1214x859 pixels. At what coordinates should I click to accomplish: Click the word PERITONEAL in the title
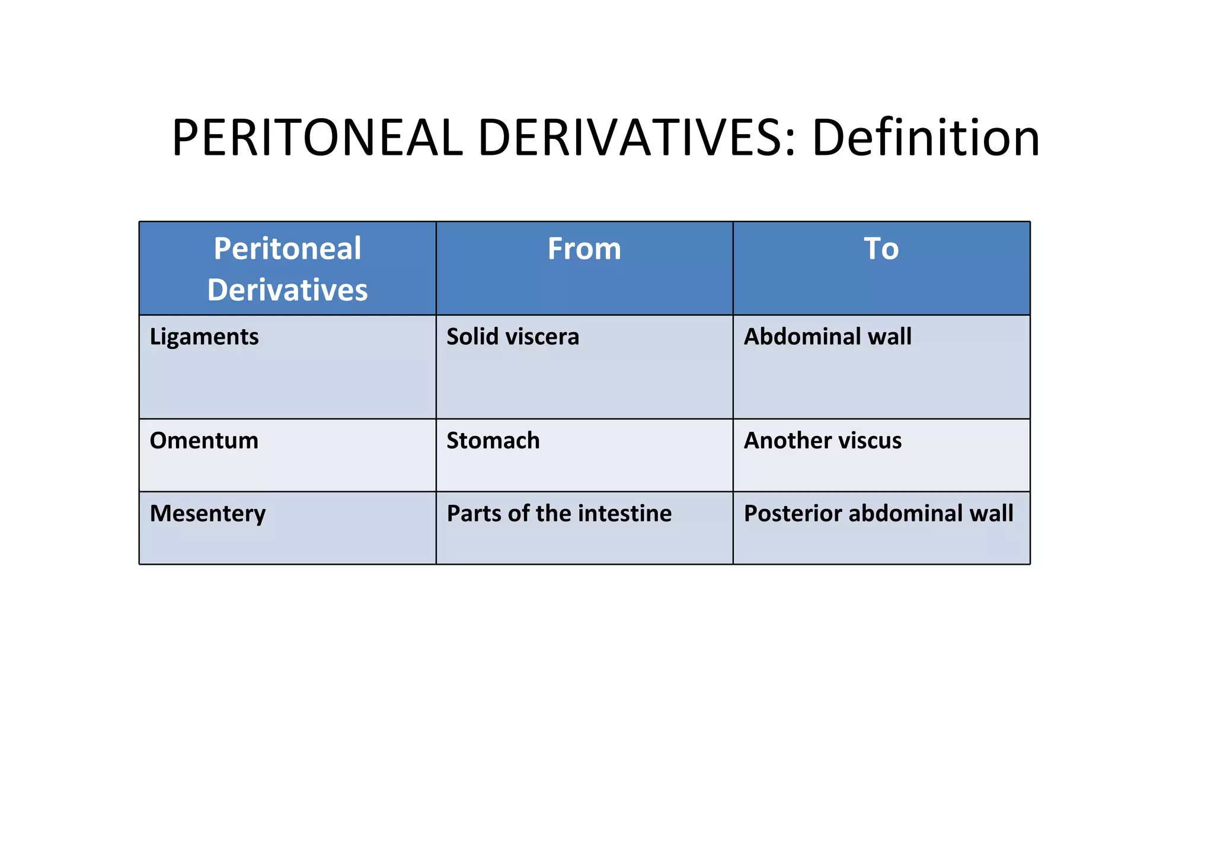[317, 138]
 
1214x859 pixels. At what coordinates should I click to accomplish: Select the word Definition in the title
[925, 138]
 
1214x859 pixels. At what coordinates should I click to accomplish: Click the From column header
[584, 249]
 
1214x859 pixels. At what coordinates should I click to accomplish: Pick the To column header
[881, 249]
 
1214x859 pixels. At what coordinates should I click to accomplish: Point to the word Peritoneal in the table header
[287, 249]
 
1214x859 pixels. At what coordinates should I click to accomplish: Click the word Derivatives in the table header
[287, 290]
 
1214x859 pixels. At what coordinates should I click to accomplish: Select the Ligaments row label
[204, 337]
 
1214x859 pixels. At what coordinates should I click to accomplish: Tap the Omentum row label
[204, 441]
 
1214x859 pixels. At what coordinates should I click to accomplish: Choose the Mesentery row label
[207, 514]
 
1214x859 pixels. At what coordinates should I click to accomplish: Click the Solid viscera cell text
[513, 337]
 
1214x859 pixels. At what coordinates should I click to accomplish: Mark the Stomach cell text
[493, 441]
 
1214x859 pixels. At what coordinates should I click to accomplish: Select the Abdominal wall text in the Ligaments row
[828, 337]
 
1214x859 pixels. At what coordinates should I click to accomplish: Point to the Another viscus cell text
[823, 441]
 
